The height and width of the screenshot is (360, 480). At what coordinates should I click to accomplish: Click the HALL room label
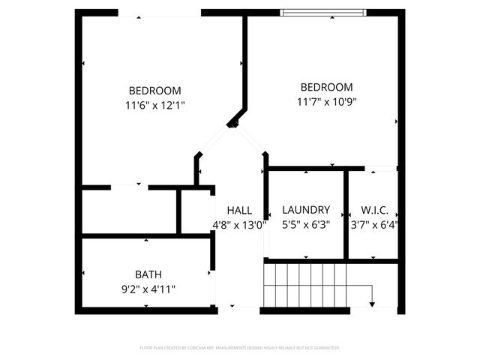click(240, 211)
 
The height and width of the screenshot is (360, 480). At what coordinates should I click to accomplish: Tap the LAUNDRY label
click(305, 210)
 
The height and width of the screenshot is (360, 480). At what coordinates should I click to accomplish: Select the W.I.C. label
click(374, 210)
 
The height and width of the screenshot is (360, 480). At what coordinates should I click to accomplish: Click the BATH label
click(148, 274)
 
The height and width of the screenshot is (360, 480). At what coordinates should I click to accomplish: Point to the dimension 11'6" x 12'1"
click(156, 106)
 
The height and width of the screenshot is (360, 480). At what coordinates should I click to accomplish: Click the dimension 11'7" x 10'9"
click(326, 102)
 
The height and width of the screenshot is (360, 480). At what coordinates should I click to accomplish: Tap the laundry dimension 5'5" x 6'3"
click(305, 223)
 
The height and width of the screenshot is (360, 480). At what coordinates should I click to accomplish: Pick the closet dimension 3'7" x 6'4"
click(374, 223)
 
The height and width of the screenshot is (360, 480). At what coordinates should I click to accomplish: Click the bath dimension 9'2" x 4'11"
click(148, 288)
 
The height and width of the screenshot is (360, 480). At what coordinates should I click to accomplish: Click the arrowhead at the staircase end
click(373, 304)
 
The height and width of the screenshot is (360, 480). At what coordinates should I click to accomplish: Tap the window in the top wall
click(323, 12)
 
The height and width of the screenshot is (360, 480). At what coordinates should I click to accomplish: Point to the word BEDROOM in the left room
click(154, 91)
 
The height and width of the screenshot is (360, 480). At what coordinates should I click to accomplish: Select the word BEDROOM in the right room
click(326, 87)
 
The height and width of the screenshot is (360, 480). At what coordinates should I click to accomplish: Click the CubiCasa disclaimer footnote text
click(240, 348)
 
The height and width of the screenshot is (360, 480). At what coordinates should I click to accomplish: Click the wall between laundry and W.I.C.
click(346, 214)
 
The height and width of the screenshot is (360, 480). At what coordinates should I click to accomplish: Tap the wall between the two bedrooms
click(244, 60)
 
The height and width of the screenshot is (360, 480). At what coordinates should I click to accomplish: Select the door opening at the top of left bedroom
click(160, 13)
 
